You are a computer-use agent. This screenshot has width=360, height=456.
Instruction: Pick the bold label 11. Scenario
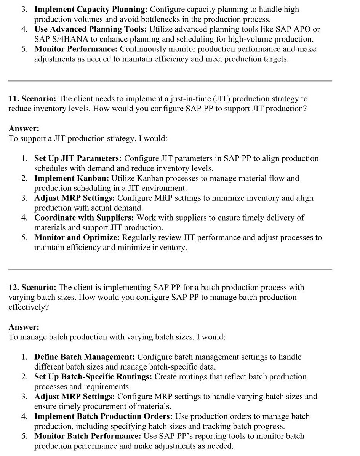pyautogui.click(x=33, y=99)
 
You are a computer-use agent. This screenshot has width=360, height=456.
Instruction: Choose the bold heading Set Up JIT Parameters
pyautogui.click(x=78, y=158)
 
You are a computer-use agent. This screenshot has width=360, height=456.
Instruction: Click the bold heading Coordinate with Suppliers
pyautogui.click(x=84, y=218)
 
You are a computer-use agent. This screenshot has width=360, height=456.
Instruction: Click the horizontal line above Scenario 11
pyautogui.click(x=170, y=81)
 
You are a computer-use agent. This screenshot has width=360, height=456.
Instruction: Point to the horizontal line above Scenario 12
pyautogui.click(x=170, y=269)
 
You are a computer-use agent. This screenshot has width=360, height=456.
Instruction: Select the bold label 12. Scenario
pyautogui.click(x=33, y=287)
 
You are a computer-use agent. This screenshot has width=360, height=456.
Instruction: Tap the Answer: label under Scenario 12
pyautogui.click(x=24, y=327)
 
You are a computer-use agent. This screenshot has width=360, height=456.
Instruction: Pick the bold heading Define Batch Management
pyautogui.click(x=85, y=357)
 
